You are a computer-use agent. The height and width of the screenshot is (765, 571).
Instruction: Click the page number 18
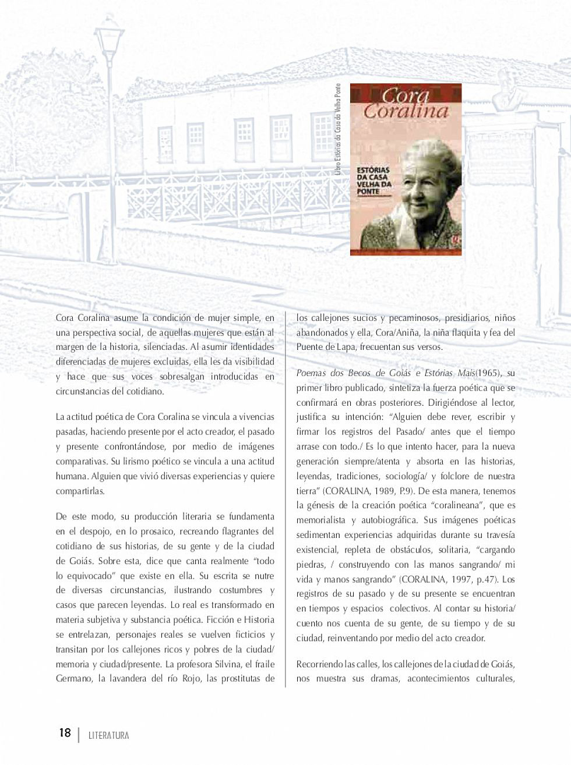click(65, 732)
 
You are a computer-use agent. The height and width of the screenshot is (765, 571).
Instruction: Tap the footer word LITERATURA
click(109, 735)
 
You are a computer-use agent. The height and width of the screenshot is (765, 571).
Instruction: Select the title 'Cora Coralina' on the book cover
click(406, 104)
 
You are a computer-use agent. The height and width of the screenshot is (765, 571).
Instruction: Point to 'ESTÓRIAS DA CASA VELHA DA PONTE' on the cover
click(375, 180)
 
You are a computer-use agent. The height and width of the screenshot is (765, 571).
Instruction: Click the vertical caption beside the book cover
click(337, 129)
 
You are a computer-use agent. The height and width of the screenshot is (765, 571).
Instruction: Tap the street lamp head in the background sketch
click(109, 38)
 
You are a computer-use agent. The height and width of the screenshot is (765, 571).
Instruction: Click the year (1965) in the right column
click(489, 373)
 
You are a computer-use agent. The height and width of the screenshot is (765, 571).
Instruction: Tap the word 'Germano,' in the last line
click(74, 678)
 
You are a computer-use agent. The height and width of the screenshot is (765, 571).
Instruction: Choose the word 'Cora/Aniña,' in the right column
click(396, 332)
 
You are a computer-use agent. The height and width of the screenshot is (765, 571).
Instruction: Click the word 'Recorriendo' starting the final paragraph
click(319, 664)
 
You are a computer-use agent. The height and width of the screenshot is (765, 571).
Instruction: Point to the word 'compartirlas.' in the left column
click(80, 491)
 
